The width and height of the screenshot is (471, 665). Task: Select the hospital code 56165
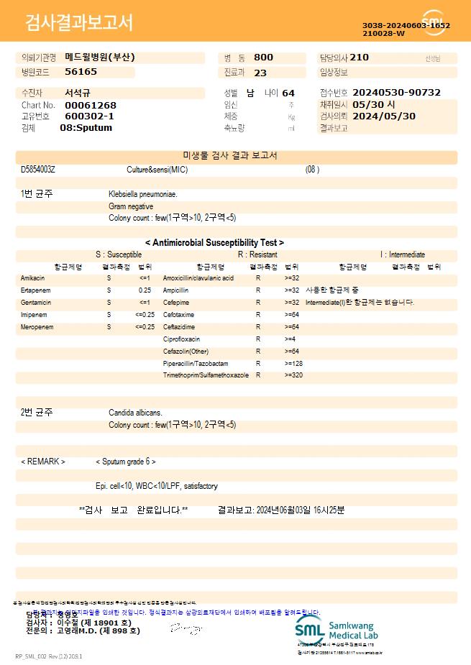[x=81, y=72]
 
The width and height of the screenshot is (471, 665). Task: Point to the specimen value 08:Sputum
[x=86, y=128]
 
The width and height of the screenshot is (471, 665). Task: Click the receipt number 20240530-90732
[x=396, y=93]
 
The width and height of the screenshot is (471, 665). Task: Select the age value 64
[x=288, y=93]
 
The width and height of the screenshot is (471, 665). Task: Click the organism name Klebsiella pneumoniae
[x=143, y=194]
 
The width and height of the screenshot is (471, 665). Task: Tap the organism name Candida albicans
[x=135, y=413]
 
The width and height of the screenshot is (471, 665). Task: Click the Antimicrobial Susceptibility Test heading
[x=214, y=243]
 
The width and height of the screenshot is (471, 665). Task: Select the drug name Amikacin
[x=32, y=278]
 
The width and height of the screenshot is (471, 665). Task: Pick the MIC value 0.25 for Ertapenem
[x=145, y=290]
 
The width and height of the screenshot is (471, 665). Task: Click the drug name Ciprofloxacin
[x=181, y=339]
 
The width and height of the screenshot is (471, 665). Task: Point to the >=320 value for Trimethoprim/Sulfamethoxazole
[x=293, y=376]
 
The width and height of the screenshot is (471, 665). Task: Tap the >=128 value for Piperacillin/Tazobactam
[x=293, y=364]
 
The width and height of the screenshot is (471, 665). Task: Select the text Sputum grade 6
[x=126, y=462]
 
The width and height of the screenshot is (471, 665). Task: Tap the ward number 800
[x=263, y=58]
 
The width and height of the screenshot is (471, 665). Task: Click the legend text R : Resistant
[x=257, y=254]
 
